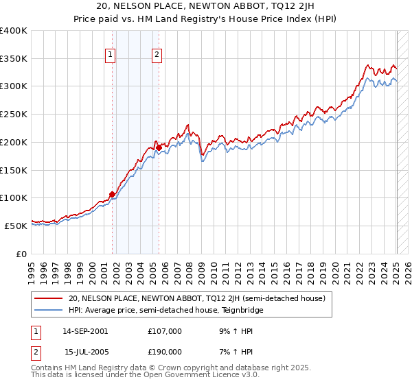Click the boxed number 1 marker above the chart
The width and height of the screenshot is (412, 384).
tap(110, 56)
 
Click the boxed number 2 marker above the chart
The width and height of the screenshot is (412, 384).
tap(157, 56)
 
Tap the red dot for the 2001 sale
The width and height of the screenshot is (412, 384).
tap(112, 194)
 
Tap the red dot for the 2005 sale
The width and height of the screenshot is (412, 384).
tap(159, 147)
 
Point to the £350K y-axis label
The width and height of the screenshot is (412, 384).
tap(14, 59)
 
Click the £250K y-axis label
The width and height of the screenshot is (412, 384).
tap(14, 115)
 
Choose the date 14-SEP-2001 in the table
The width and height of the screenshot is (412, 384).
tap(85, 331)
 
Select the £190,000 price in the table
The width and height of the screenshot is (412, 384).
tap(165, 352)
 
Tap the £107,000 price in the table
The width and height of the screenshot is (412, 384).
tap(165, 331)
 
